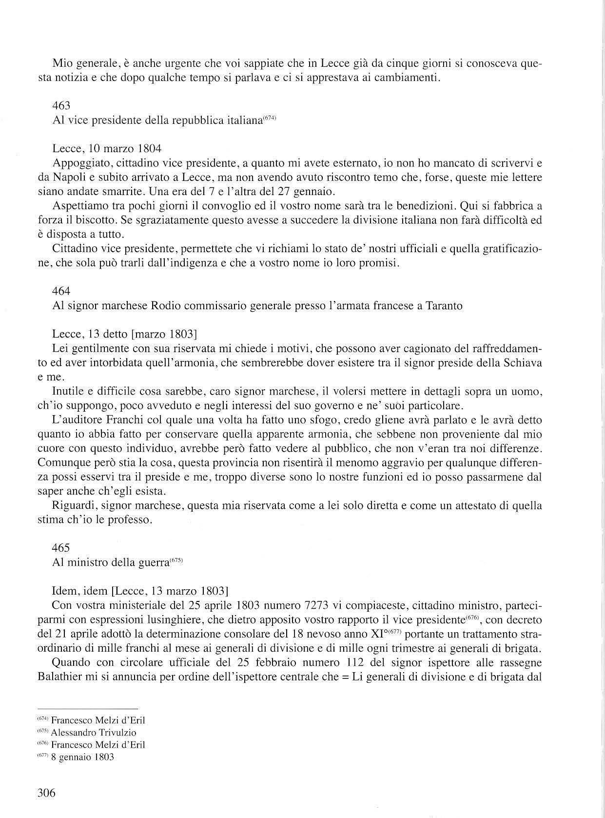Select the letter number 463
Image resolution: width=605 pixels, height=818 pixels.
[61, 105]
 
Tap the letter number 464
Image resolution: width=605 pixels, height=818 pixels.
[61, 291]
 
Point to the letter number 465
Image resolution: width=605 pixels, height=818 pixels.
[61, 547]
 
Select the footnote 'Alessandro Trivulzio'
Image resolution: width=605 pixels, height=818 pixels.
[94, 732]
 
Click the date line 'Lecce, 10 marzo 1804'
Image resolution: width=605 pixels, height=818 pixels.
[107, 148]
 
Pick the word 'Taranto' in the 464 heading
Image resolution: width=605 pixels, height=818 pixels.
[444, 306]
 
